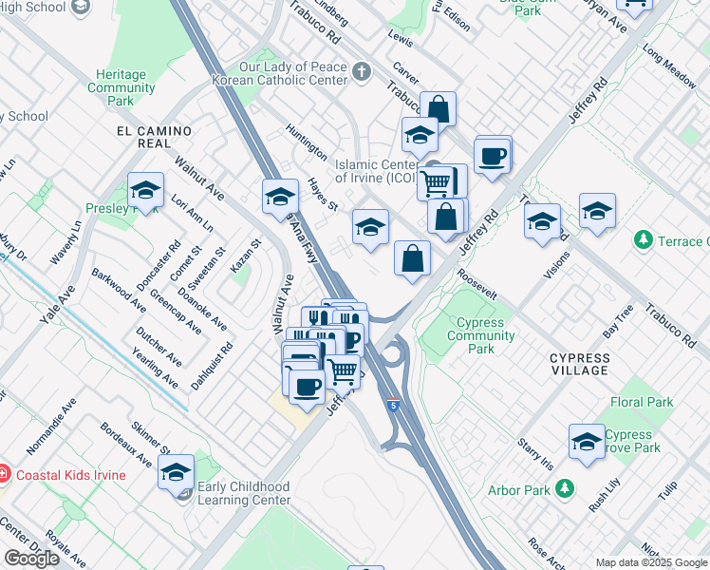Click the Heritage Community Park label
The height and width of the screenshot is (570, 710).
(121, 87)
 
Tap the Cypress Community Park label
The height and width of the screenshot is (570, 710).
(480, 335)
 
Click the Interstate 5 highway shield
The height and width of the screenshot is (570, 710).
(392, 406)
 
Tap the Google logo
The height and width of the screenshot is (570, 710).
(31, 559)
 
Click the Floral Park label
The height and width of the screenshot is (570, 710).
(642, 402)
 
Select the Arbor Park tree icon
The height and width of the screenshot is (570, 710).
(565, 489)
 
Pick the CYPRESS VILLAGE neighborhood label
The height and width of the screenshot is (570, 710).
(579, 358)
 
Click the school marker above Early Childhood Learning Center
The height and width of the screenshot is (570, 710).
(176, 471)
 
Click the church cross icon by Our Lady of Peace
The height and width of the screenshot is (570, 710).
(361, 71)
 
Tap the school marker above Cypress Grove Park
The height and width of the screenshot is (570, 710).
(588, 442)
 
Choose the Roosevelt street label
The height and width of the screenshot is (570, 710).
(476, 284)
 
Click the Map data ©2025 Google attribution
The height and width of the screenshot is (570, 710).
(650, 562)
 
